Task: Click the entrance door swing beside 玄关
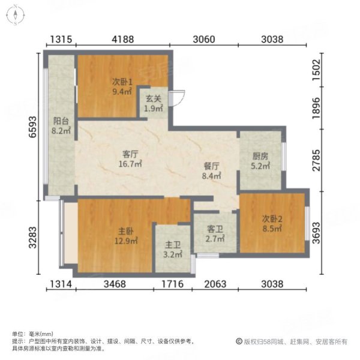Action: [175, 97]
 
